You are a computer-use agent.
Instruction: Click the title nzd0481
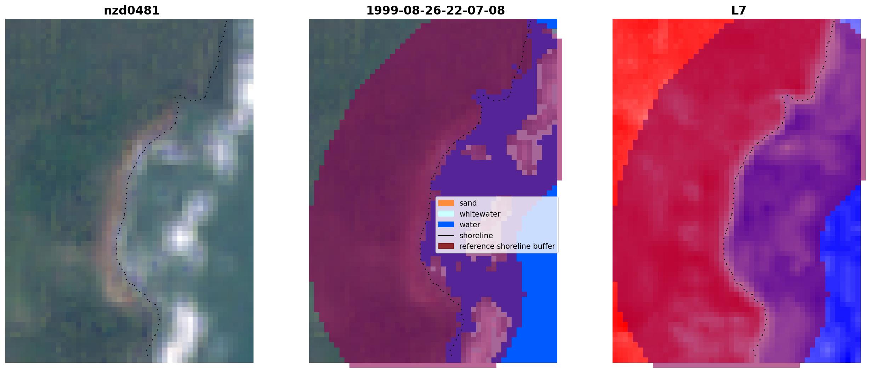coord(132,11)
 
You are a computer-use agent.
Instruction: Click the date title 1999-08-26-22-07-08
coord(435,11)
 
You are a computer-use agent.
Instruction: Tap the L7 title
coord(739,11)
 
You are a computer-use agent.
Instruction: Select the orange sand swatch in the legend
coord(446,203)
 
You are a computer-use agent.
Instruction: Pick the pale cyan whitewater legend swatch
coord(446,214)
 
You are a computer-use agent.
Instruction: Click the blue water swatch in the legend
coord(446,224)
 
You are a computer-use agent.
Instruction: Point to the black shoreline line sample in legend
coord(446,235)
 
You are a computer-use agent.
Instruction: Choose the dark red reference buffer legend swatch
coord(446,246)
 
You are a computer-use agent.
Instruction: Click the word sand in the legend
coord(468,203)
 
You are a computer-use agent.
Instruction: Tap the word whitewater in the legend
coord(480,214)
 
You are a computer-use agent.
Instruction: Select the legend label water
coord(470,224)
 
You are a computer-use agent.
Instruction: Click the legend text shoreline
coord(476,235)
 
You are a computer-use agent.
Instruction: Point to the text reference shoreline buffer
coord(507,246)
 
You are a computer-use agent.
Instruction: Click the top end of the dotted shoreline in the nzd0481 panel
coord(227,21)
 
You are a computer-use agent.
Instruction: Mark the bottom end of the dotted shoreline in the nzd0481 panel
coord(147,355)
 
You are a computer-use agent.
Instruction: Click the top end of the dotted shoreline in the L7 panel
coord(834,21)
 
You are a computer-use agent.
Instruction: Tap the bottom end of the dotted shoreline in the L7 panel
coord(754,355)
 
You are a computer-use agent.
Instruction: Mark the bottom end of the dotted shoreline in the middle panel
coord(451,355)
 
